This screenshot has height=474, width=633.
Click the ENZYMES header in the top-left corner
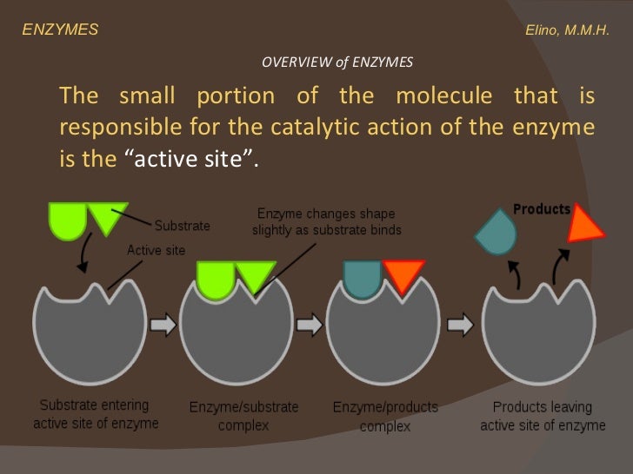(60, 30)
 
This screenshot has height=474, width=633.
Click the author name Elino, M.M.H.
(568, 30)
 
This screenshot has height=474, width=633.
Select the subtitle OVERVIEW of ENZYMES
(336, 63)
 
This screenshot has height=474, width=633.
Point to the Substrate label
(182, 226)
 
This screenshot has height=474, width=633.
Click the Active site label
(157, 250)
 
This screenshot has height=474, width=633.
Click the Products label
(541, 209)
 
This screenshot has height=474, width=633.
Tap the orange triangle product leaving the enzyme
(582, 226)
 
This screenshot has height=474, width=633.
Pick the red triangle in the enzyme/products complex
(402, 275)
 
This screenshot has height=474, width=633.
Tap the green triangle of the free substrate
(108, 217)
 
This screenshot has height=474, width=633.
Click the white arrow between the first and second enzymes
(163, 326)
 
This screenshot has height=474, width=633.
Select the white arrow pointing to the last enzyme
(462, 326)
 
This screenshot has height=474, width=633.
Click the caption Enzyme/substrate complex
(244, 416)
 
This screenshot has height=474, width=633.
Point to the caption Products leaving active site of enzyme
(542, 415)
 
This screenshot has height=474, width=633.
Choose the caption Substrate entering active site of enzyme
(96, 414)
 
